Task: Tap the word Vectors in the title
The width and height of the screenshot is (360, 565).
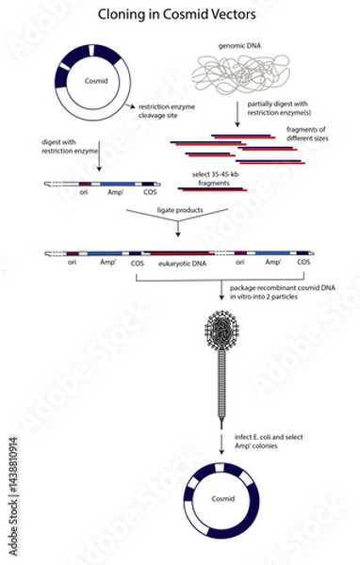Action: [x=231, y=15]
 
